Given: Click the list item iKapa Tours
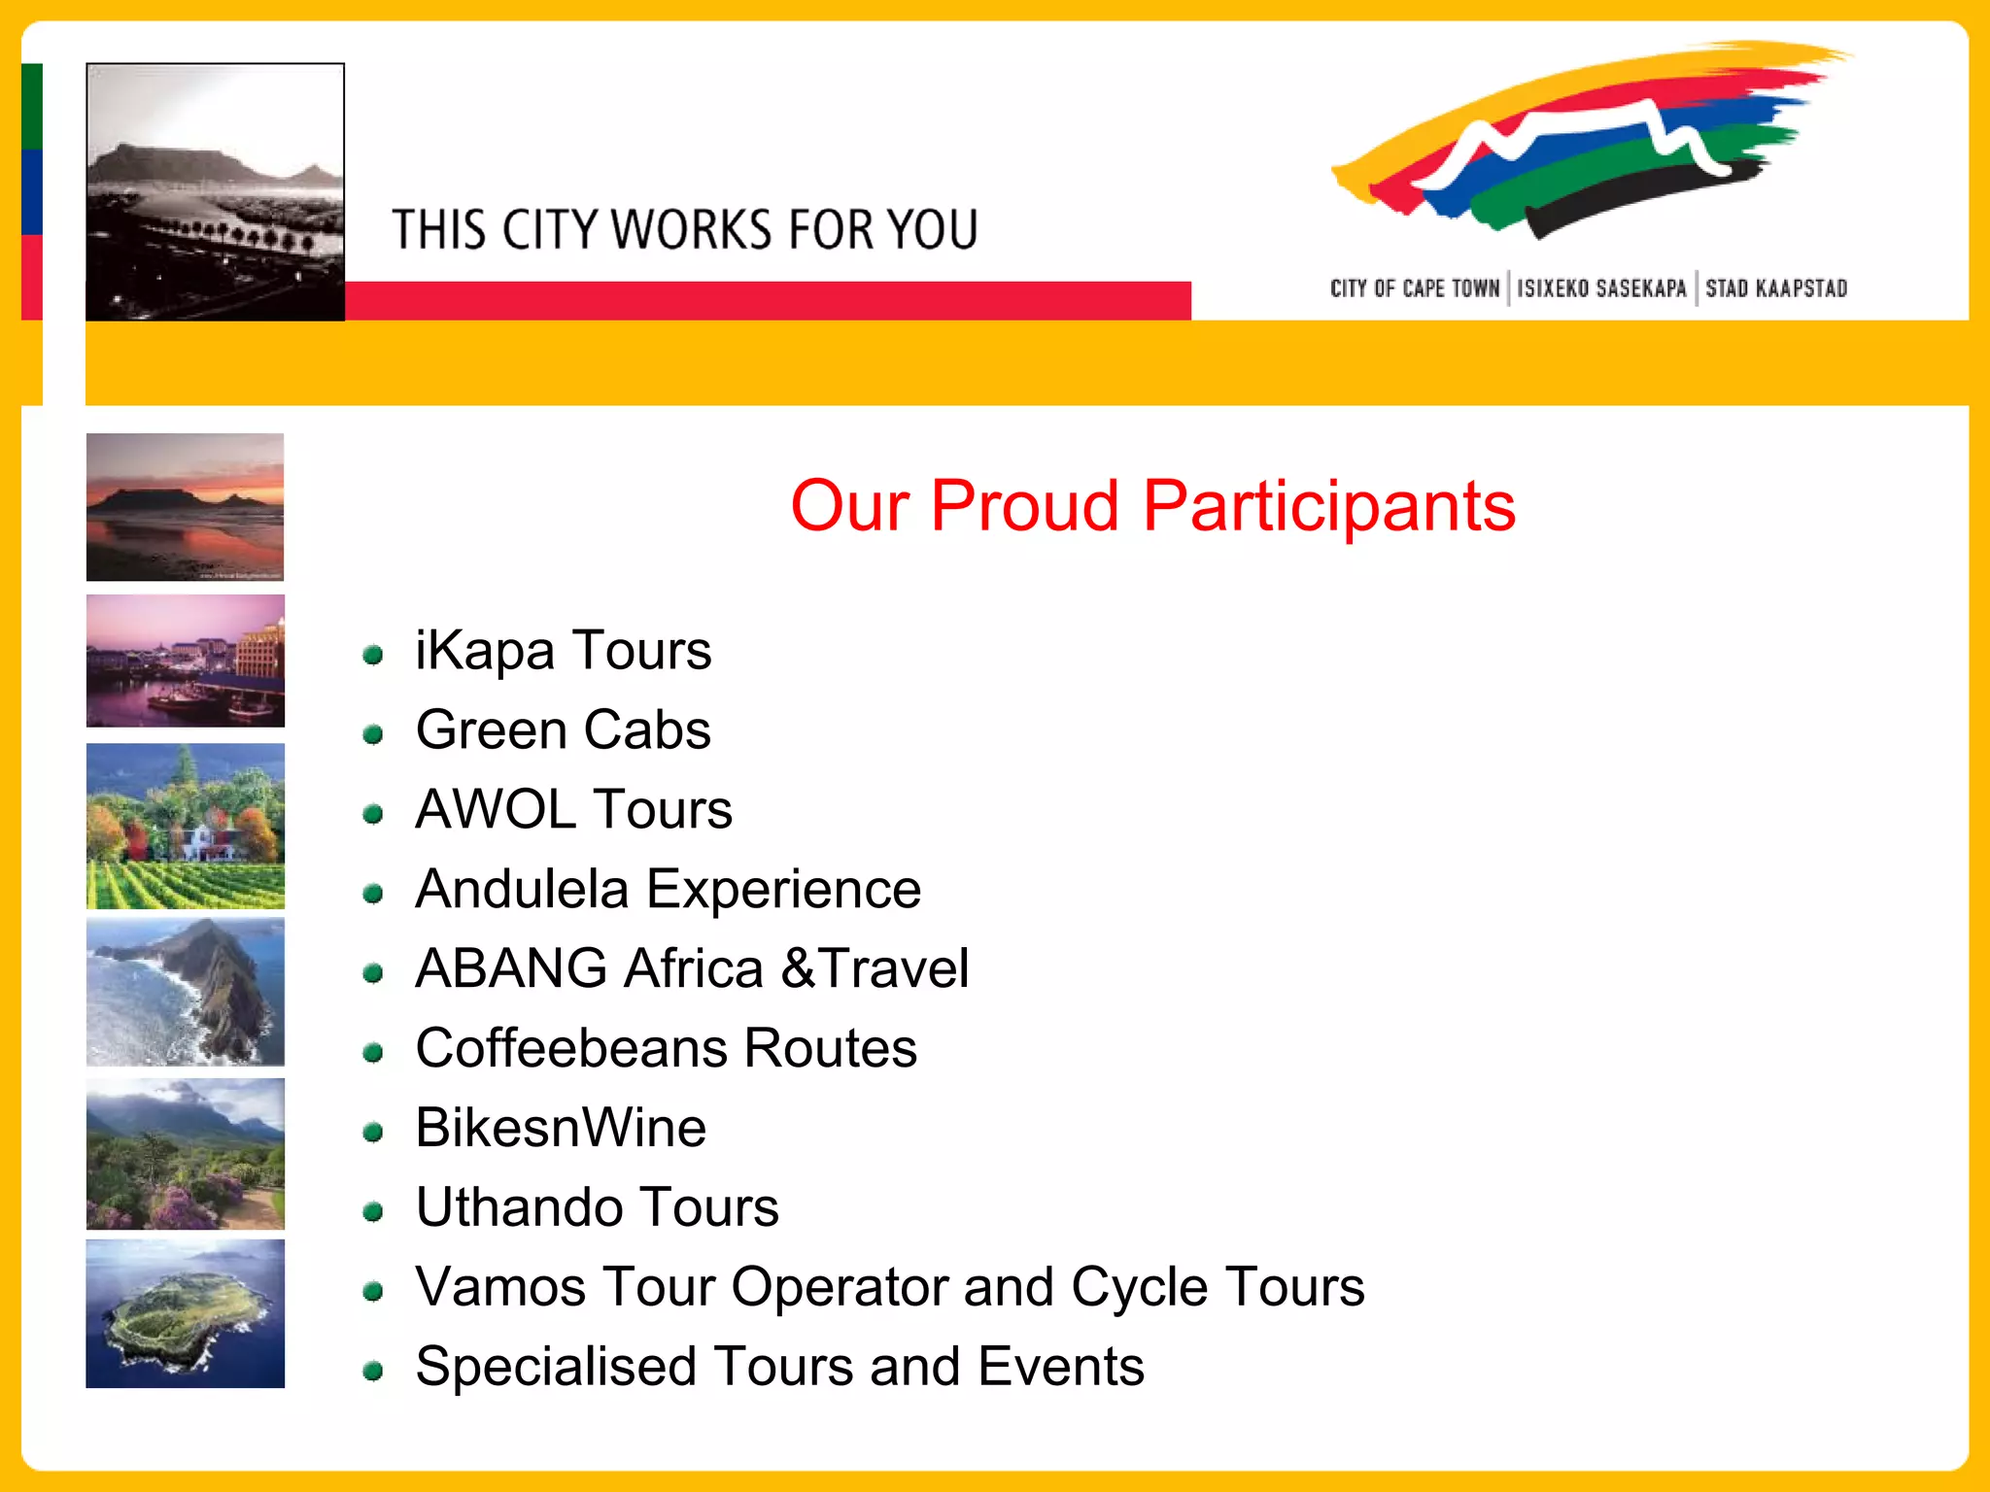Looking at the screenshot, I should coord(563,650).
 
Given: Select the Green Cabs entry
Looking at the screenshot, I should coord(563,729).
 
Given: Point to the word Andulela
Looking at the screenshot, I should coord(522,889).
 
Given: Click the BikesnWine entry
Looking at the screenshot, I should coord(561,1128).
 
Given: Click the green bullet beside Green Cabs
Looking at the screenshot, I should coord(372,734).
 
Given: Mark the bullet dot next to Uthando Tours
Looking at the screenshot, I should coord(372,1211).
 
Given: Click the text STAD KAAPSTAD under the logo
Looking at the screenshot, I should coord(1775,288).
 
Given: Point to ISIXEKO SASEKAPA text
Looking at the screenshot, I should coord(1601,288).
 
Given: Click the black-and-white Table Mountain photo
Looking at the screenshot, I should coord(215,191).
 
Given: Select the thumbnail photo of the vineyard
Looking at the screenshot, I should coord(185,826).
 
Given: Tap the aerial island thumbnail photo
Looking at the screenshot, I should coord(185,1313).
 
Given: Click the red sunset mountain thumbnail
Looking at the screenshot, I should coord(185,507).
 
